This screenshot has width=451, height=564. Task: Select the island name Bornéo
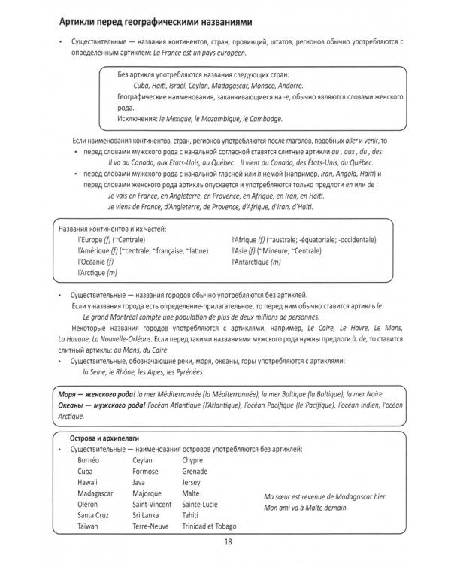[x=90, y=459]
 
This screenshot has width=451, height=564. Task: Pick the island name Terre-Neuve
[x=150, y=526]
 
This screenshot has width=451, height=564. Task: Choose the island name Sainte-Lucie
[x=204, y=504]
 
